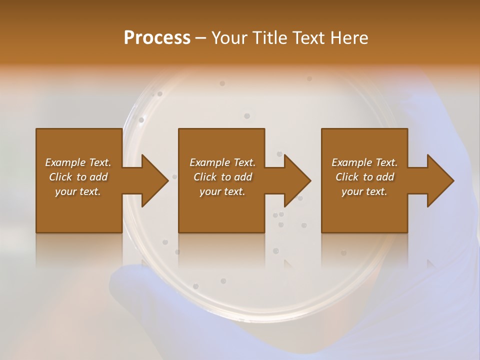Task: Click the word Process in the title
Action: pos(157,38)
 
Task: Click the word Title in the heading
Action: pos(268,38)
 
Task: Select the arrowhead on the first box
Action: pos(154,180)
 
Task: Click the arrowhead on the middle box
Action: pos(297,180)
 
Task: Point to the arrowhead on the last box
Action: pos(440,180)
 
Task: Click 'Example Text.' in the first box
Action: pos(78,162)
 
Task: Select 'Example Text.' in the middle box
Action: pos(222,162)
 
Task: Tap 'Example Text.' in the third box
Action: pos(364,162)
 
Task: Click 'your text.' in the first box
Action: pos(78,191)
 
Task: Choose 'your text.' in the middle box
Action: pos(222,191)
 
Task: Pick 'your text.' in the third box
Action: pos(364,191)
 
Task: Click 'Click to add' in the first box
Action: pos(78,177)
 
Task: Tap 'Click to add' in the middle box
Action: pos(222,177)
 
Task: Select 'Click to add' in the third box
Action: pos(364,177)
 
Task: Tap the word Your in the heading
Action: pos(229,38)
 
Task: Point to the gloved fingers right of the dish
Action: pos(440,125)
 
